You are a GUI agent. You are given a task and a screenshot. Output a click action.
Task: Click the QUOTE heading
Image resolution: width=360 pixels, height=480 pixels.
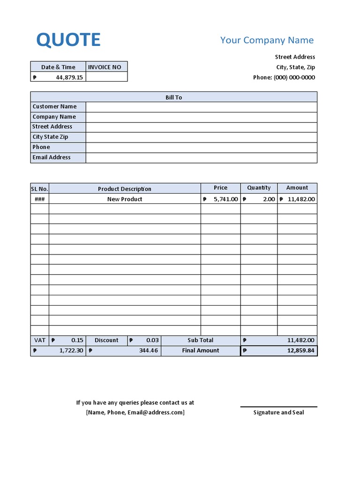click(68, 40)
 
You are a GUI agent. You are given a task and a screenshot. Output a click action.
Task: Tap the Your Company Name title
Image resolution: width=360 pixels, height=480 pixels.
click(267, 40)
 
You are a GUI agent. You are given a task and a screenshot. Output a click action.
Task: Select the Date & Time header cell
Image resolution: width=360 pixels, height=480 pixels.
click(58, 67)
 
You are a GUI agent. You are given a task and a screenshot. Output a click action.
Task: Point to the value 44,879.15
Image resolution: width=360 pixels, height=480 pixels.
click(69, 77)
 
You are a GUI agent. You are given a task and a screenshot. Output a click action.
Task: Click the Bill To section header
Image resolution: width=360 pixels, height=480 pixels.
click(173, 97)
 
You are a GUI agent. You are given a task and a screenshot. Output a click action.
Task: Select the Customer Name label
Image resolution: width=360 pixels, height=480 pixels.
click(54, 106)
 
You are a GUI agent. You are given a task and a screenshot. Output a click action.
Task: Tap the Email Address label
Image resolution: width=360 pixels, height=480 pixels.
click(52, 157)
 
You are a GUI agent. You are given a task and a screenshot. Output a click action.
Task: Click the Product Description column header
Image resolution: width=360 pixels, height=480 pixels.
click(125, 189)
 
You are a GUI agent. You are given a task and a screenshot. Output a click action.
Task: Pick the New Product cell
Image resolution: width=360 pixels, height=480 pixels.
click(125, 199)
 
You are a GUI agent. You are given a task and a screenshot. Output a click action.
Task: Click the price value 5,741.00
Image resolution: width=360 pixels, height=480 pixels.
click(226, 199)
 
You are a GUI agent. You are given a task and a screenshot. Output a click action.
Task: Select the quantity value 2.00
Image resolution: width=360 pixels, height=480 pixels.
click(269, 199)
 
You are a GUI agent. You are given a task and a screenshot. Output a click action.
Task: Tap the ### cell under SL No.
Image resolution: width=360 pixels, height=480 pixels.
click(39, 199)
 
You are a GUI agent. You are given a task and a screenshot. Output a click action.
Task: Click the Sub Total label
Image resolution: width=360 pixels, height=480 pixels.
click(201, 340)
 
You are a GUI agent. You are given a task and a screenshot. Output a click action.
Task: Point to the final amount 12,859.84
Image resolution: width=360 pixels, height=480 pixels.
click(300, 351)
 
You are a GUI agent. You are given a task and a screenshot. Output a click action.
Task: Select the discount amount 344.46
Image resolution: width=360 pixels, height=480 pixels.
click(149, 351)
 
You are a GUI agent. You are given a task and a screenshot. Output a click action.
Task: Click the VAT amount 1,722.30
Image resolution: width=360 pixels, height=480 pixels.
click(71, 351)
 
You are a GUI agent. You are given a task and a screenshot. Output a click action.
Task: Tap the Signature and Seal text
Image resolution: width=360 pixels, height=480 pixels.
click(278, 412)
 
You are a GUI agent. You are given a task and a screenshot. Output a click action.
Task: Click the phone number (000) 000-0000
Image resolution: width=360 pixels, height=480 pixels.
click(294, 77)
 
